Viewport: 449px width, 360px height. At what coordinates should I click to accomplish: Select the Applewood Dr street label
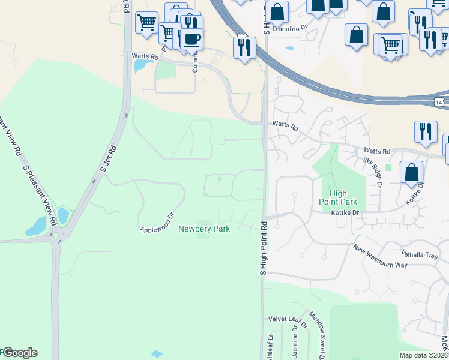pyautogui.click(x=156, y=223)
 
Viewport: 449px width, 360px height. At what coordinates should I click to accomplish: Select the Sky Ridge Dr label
pyautogui.click(x=373, y=173)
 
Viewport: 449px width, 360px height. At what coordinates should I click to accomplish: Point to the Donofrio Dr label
pyautogui.click(x=290, y=28)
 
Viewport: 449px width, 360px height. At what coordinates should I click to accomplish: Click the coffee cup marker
pyautogui.click(x=191, y=40)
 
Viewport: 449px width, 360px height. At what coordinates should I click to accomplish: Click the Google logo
pyautogui.click(x=19, y=353)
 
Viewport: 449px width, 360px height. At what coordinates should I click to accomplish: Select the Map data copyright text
pyautogui.click(x=424, y=355)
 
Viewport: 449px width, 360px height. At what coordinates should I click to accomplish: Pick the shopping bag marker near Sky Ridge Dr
pyautogui.click(x=412, y=172)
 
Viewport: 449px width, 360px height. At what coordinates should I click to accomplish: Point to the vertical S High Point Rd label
pyautogui.click(x=263, y=248)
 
